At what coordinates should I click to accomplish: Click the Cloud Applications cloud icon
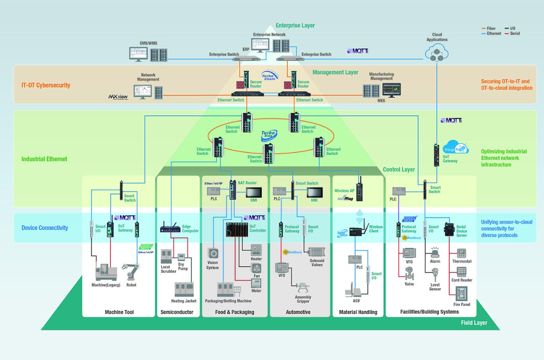coord(436,53)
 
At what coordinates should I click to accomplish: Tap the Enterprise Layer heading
coord(295,25)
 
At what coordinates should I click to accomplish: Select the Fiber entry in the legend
coord(491,29)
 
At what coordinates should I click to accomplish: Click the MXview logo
coord(119,97)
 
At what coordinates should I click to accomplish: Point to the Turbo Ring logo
coord(269,136)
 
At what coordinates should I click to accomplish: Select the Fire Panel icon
coord(462,293)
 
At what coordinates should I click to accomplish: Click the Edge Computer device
coord(170,229)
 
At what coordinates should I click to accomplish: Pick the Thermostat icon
coord(462,253)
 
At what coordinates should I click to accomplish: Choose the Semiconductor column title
coord(177,312)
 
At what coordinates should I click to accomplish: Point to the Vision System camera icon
coord(213,254)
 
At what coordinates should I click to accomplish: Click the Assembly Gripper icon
coord(303,287)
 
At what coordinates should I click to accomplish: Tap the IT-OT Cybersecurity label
coord(46,85)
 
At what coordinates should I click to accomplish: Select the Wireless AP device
coord(359,190)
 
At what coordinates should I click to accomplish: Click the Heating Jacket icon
coord(184,289)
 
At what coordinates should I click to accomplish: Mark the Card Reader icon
coord(462,272)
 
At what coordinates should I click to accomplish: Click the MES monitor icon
coord(391,90)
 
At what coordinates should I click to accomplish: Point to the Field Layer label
coord(474,323)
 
